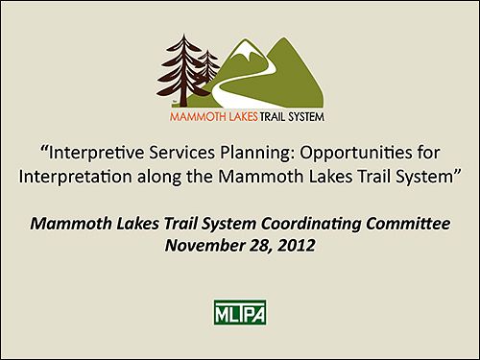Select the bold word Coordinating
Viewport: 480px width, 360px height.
pyautogui.click(x=317, y=224)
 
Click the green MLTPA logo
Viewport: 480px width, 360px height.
pyautogui.click(x=239, y=313)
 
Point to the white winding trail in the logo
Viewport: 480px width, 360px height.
pyautogui.click(x=230, y=91)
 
